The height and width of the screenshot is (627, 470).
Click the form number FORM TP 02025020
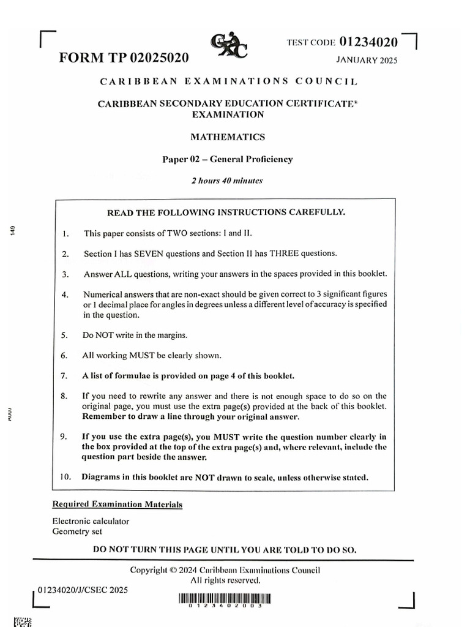124,58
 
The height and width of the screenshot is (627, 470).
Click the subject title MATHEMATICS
228,137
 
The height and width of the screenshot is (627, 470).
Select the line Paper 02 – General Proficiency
227,159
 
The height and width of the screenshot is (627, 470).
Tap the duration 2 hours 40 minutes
228,181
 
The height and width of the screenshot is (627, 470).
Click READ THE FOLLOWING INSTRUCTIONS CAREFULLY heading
226,212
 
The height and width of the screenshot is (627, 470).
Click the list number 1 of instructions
65,233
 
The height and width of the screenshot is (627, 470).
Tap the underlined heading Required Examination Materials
117,505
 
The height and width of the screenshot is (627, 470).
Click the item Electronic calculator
91,521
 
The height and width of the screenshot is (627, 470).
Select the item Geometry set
77,531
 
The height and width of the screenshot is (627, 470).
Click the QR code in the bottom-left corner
23,621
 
